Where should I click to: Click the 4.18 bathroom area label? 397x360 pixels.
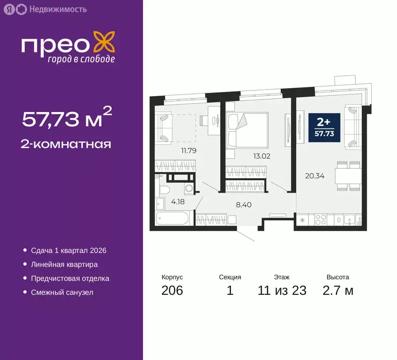(x=178, y=202)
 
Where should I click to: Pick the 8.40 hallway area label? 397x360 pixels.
(x=243, y=204)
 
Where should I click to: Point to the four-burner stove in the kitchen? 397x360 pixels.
(x=322, y=218)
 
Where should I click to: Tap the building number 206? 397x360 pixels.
(x=172, y=291)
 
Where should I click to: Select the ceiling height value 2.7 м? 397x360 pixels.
(x=338, y=291)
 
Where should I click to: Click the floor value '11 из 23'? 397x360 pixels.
(x=282, y=291)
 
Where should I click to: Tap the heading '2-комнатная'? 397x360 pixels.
(x=66, y=144)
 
